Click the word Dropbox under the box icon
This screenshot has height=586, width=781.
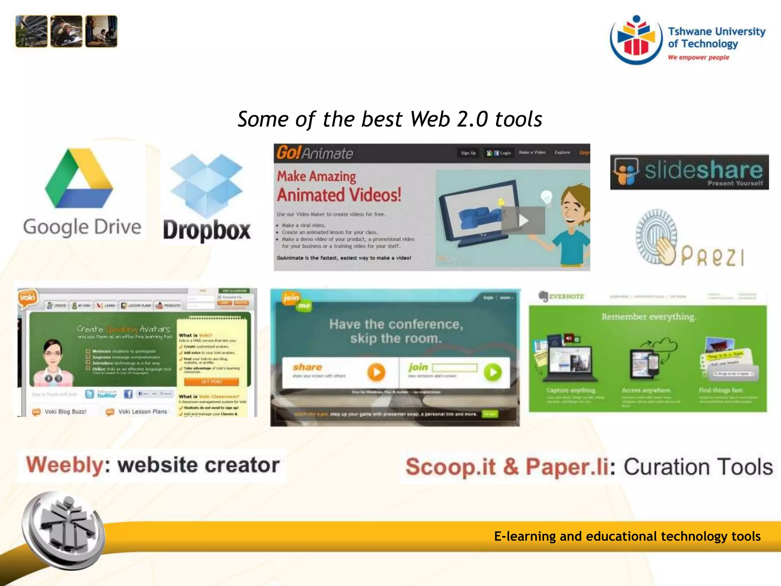pyautogui.click(x=207, y=230)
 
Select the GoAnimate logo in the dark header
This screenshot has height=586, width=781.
pyautogui.click(x=315, y=153)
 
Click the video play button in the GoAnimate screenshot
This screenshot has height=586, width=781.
pyautogui.click(x=523, y=220)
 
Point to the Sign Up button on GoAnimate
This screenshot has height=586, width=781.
pyautogui.click(x=468, y=153)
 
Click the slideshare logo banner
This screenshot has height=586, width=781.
pyautogui.click(x=689, y=172)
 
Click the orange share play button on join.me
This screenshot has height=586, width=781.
pyautogui.click(x=376, y=372)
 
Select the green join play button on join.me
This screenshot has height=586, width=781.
pyautogui.click(x=493, y=372)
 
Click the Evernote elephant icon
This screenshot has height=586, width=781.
pyautogui.click(x=543, y=296)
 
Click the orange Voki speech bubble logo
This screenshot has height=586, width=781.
pyautogui.click(x=27, y=297)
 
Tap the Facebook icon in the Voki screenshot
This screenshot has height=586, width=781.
pyautogui.click(x=128, y=394)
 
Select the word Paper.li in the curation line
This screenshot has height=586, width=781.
pyautogui.click(x=567, y=467)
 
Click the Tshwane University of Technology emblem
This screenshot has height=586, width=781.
pyautogui.click(x=636, y=40)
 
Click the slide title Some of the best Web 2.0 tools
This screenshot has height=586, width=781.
pyautogui.click(x=390, y=119)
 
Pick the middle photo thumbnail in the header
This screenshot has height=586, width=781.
pyautogui.click(x=66, y=31)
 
